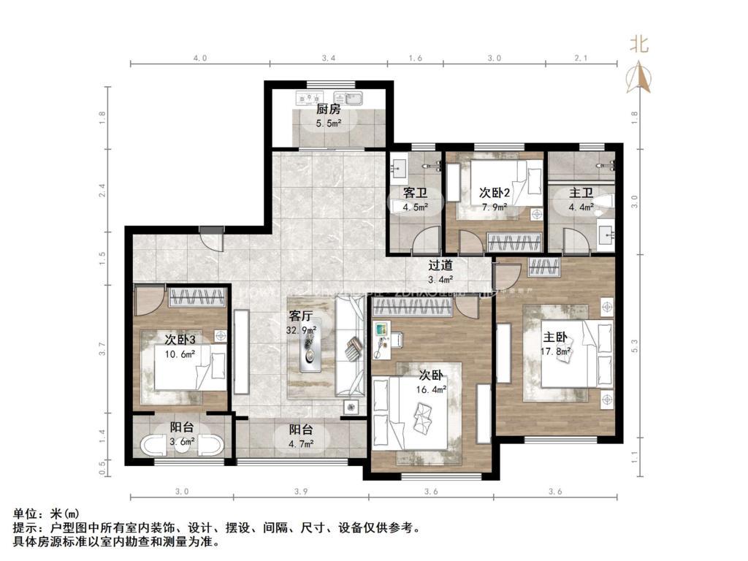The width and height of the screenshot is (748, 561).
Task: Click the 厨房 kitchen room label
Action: coord(328,110)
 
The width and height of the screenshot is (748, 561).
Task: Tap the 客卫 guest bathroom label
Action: coord(415,194)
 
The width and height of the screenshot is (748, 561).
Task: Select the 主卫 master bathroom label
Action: coord(581,194)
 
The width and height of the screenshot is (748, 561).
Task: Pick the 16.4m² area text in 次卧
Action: coord(432,389)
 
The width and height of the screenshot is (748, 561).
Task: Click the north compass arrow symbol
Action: coord(639,77)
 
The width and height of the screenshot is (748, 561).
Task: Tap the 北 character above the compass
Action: coord(639,45)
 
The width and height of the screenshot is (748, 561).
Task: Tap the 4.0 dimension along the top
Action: coord(199,57)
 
